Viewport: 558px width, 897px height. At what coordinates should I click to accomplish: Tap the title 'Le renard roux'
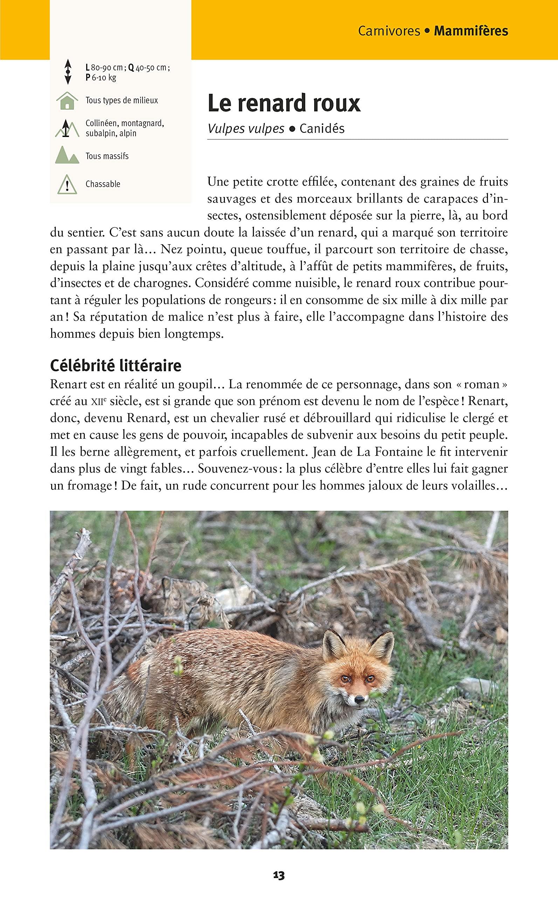pyautogui.click(x=284, y=103)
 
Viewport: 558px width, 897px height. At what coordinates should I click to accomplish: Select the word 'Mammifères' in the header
pyautogui.click(x=471, y=31)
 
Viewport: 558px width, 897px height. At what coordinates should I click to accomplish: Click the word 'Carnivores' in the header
pyautogui.click(x=389, y=31)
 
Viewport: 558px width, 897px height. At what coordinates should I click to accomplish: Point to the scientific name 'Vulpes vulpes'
pyautogui.click(x=246, y=129)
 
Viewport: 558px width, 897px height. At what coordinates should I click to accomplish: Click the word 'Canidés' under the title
pyautogui.click(x=322, y=129)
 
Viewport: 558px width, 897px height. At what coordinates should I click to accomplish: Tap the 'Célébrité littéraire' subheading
pyautogui.click(x=116, y=365)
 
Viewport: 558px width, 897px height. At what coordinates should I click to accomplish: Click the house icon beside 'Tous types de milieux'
pyautogui.click(x=67, y=101)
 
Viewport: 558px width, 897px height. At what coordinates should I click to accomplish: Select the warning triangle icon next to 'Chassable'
pyautogui.click(x=67, y=184)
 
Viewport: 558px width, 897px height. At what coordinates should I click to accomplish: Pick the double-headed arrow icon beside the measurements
pyautogui.click(x=68, y=72)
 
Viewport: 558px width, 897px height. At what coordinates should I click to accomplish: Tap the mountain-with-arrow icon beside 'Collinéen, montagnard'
pyautogui.click(x=67, y=129)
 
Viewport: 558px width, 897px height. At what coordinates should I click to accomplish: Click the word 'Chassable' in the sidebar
pyautogui.click(x=103, y=184)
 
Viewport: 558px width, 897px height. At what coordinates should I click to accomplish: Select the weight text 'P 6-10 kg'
pyautogui.click(x=101, y=77)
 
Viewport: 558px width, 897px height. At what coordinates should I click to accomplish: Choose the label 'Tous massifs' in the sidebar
pyautogui.click(x=107, y=156)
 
